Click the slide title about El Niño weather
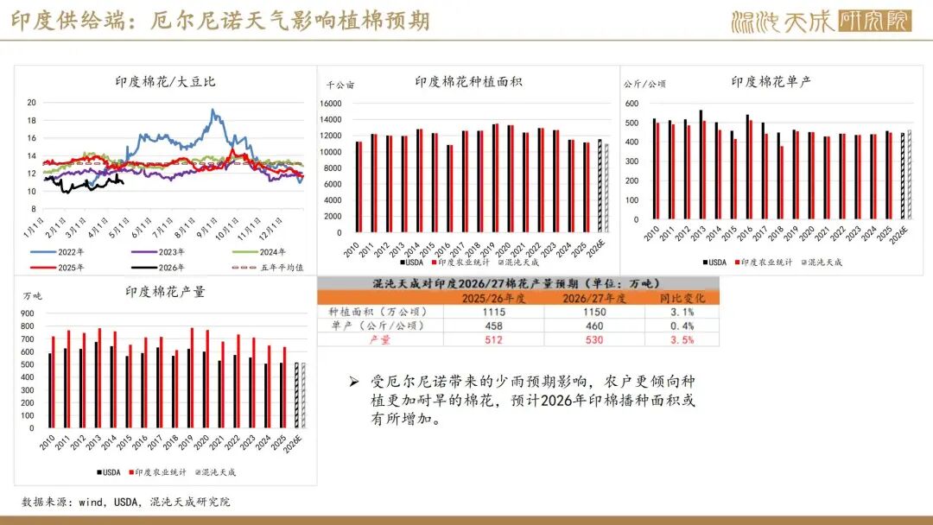[220, 21]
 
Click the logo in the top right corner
[821, 21]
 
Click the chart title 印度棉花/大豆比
[166, 82]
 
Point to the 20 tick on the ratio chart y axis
[31, 102]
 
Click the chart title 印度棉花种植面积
[468, 82]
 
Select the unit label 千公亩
[340, 85]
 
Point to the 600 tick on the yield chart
[631, 104]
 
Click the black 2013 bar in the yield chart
[700, 165]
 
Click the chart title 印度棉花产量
[166, 292]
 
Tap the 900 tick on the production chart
[28, 313]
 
